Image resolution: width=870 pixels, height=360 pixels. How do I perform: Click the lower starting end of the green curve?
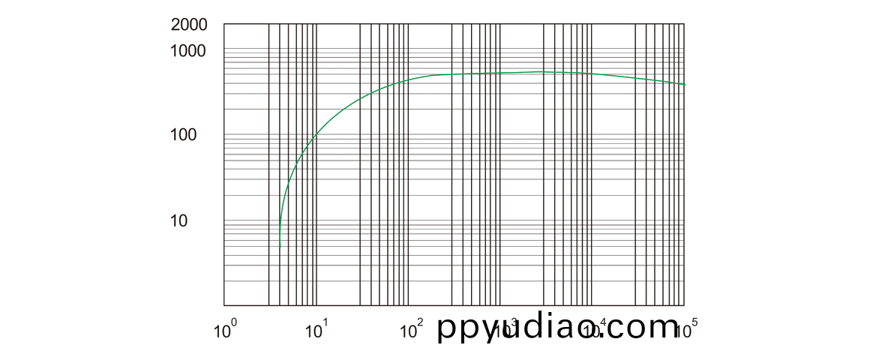tap(280, 246)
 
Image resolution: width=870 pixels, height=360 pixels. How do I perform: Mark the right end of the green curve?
tap(685, 85)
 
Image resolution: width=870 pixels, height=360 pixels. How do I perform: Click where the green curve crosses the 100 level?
tap(317, 135)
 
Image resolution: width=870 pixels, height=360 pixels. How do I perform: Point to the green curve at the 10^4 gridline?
tap(593, 73)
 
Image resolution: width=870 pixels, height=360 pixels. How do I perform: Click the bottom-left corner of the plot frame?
tap(224, 306)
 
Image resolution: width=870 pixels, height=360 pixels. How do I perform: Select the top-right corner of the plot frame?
tap(685, 24)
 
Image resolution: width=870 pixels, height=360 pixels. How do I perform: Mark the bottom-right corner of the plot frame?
tap(685, 306)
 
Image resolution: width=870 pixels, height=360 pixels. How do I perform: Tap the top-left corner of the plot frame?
tap(224, 24)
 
